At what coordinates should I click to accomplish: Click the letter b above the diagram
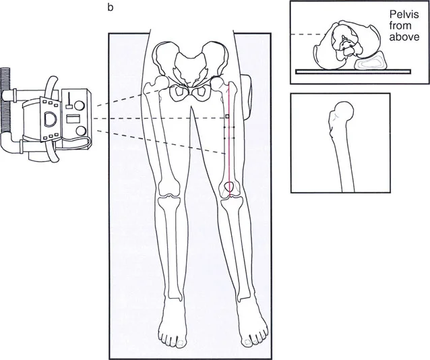coord(111,7)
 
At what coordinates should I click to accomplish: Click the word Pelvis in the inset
coord(404,14)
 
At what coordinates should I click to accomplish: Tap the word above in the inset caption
coord(404,37)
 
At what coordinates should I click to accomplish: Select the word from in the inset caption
coord(400,26)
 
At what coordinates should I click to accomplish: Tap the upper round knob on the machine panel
coord(80,106)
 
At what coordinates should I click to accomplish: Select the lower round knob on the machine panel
coord(82,131)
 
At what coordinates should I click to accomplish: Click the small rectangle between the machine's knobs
coord(72,119)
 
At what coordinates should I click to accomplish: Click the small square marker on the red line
coord(227,117)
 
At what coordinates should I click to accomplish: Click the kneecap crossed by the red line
coord(229,187)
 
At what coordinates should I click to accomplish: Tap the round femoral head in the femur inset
coord(344,111)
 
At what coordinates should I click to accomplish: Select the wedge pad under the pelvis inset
coord(371,61)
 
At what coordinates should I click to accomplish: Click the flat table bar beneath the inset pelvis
coord(353,71)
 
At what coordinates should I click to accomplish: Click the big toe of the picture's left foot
coord(181,342)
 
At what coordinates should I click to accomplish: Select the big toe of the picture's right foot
coord(247,342)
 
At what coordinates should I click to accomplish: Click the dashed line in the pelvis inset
coord(308,34)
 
